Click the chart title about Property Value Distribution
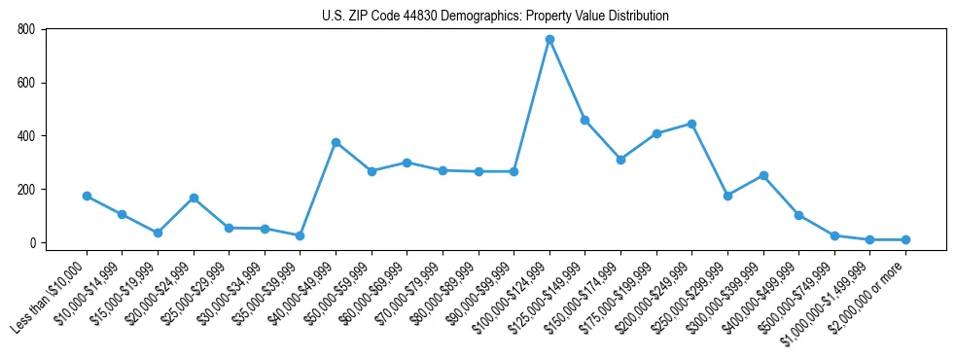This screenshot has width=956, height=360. (x=495, y=16)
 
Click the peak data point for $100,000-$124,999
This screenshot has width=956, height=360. (x=549, y=39)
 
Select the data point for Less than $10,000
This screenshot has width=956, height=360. (x=87, y=196)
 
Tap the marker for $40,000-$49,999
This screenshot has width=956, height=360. (x=336, y=142)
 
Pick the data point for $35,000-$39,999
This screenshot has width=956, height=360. (x=300, y=235)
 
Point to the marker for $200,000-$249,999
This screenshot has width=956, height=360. (x=691, y=124)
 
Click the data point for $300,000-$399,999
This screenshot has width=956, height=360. (x=763, y=175)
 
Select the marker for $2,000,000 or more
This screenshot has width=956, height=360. (x=905, y=239)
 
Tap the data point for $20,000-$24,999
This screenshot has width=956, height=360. (x=194, y=198)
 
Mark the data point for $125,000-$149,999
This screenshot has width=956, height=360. (x=584, y=120)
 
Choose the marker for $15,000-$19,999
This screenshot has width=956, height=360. (x=158, y=233)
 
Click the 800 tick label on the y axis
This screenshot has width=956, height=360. (x=25, y=29)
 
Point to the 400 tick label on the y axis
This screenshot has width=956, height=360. (x=25, y=136)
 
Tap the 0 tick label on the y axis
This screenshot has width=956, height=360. (x=31, y=242)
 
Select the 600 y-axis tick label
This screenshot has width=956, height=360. (x=25, y=83)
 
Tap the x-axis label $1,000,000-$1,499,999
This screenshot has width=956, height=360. (x=832, y=298)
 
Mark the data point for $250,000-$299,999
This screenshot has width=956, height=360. (x=727, y=196)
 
